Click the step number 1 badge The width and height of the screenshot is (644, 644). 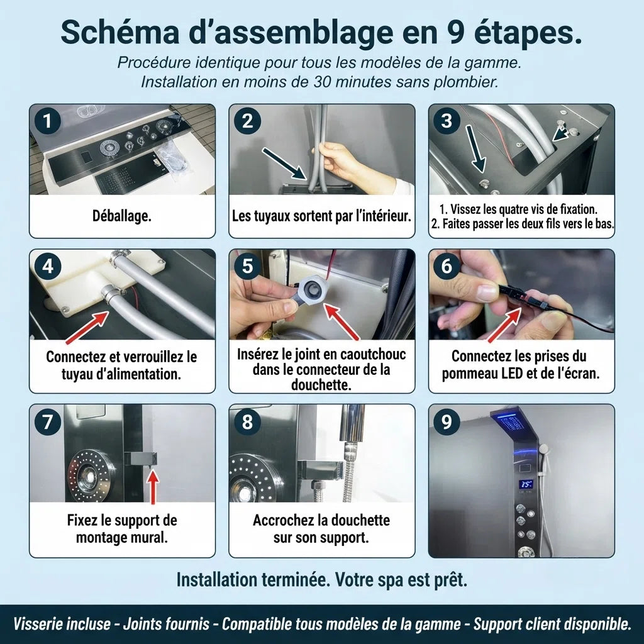(48, 121)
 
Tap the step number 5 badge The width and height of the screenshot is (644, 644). (247, 266)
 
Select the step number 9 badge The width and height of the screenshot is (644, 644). (447, 421)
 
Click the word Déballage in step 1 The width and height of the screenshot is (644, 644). (121, 216)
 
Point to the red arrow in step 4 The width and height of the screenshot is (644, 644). (87, 327)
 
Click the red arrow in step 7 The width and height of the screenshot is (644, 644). (153, 487)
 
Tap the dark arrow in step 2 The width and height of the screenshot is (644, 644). (284, 164)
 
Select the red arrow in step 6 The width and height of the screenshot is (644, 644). (505, 325)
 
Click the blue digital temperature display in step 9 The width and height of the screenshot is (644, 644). (526, 484)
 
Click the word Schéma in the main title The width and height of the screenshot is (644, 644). (120, 32)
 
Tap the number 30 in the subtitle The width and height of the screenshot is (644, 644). (323, 82)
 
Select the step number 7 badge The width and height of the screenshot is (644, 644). (48, 421)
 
